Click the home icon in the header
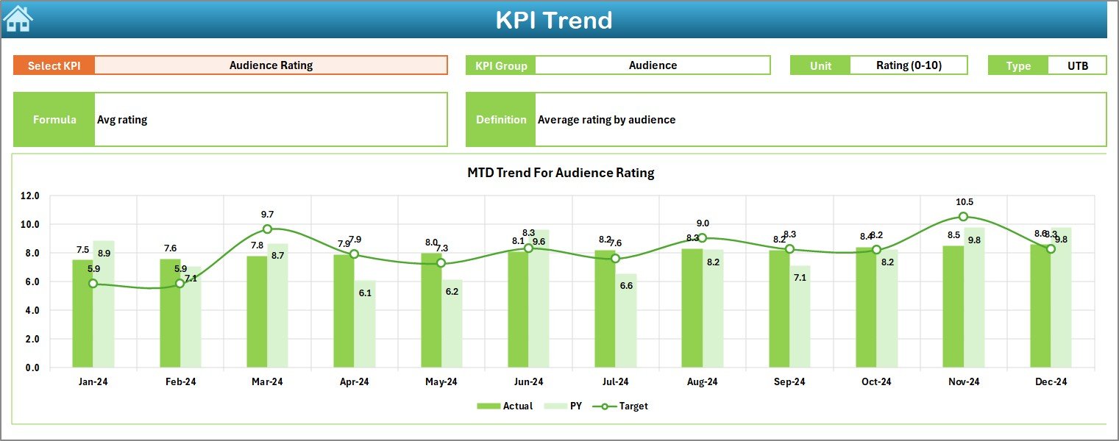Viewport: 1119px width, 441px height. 18,19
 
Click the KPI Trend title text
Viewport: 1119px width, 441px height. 553,21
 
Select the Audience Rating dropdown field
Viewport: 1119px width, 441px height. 271,65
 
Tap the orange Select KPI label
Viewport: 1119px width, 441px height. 54,65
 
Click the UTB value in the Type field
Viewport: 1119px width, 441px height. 1077,65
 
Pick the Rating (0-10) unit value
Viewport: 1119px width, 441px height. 909,65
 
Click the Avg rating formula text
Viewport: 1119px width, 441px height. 122,120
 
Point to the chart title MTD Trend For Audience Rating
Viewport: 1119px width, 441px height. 561,173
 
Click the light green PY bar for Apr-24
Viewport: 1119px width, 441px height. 365,324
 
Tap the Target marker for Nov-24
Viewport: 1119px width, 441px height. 963,217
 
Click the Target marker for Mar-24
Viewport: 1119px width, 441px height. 267,229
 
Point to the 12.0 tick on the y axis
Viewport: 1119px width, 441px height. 30,196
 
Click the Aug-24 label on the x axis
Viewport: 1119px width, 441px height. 702,381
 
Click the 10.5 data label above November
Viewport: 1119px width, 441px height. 963,202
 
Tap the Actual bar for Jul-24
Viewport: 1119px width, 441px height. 605,309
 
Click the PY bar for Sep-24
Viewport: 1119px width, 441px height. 800,317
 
